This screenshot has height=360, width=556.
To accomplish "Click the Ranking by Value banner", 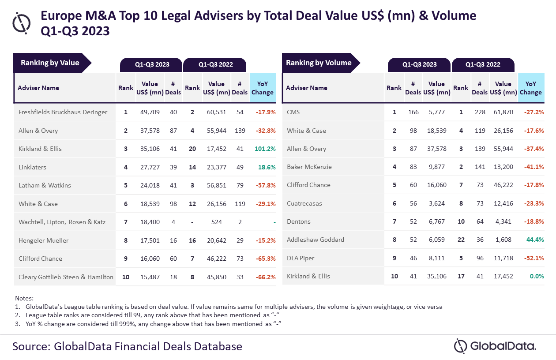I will [50, 63].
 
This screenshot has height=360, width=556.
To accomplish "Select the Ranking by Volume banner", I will [319, 63].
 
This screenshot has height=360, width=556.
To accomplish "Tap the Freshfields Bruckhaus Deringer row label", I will [63, 112].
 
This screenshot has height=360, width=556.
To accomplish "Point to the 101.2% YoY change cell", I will [265, 149].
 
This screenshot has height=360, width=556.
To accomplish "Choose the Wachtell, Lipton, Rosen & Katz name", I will [62, 222].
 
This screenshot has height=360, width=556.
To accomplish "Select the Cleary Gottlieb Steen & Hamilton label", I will [66, 277].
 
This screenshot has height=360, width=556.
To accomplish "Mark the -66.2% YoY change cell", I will [265, 277].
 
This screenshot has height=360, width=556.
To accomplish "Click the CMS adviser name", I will [293, 112].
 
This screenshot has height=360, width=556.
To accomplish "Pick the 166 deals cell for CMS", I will [413, 112].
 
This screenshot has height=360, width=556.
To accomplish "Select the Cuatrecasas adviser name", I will [304, 203].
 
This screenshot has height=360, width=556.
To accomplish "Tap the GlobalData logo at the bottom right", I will [495, 346].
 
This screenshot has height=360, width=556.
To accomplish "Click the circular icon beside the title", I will [22, 22].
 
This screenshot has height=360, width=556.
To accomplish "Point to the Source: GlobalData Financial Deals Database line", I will [127, 346].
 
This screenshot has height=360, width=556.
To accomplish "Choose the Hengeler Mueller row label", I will [44, 240].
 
